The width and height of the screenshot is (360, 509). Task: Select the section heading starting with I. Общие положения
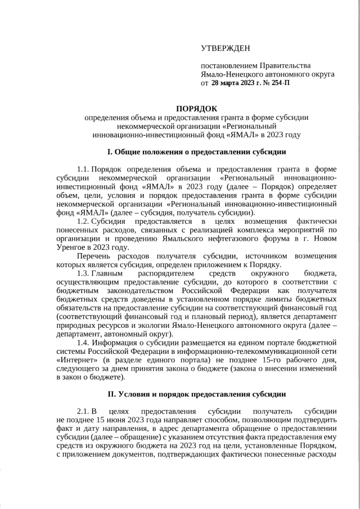[196, 152]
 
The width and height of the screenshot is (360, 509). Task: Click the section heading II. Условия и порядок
[196, 394]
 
